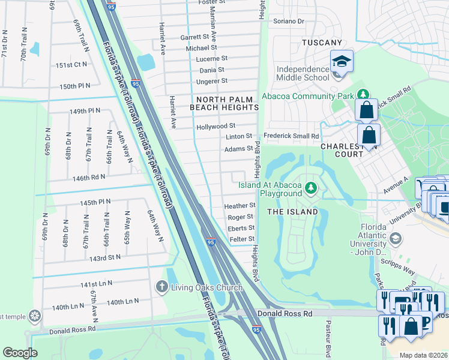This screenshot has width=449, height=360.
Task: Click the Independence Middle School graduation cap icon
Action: coord(342,62)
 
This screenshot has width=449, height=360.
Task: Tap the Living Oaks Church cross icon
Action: coord(161,287)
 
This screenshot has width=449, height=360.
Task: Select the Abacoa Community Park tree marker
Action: coord(363,95)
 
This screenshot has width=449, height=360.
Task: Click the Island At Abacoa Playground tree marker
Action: coord(310,188)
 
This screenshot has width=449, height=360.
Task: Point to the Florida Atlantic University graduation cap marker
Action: coord(395,239)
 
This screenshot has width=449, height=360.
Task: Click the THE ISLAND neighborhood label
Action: coord(292,212)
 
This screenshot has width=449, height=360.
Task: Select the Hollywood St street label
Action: coord(215,127)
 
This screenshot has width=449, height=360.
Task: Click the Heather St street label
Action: coord(240,206)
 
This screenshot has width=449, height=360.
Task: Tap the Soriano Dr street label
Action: coord(289,21)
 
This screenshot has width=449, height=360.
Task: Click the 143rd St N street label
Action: coord(106,257)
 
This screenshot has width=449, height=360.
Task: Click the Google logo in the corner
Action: coord(20,353)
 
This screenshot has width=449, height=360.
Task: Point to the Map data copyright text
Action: coord(423,355)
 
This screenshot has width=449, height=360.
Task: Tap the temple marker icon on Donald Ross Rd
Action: coord(35,315)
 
